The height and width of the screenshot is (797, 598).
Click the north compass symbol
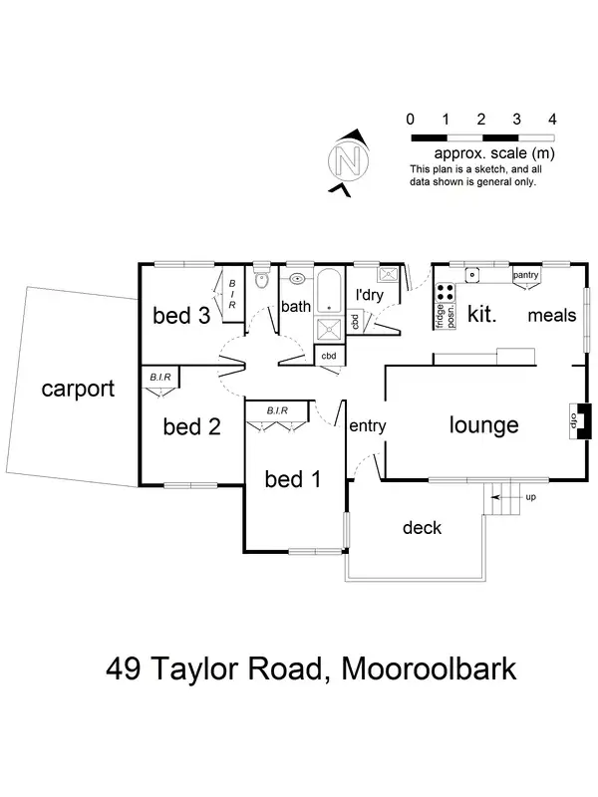coord(347,160)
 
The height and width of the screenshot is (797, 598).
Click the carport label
coord(79,389)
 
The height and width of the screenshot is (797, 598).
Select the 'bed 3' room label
coord(180,316)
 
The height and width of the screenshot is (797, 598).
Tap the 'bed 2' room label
coord(190,426)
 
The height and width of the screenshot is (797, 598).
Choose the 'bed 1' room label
coord(292,479)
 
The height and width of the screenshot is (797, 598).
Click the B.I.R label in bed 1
coord(277,409)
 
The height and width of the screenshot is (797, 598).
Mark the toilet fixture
coord(261,280)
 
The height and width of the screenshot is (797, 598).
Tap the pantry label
coord(524,274)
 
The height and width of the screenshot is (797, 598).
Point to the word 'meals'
coord(552,315)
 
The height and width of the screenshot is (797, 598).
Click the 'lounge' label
coord(483,425)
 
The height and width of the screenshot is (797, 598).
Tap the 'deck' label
coord(422,527)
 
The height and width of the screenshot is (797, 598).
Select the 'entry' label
coord(367,425)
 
